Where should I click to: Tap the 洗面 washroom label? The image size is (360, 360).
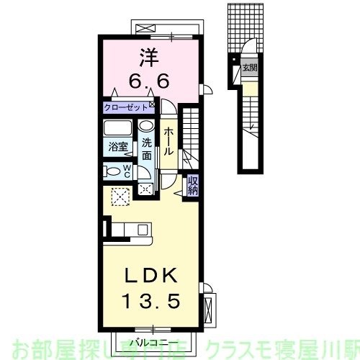coord(146,148)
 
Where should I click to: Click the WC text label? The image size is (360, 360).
coord(127,171)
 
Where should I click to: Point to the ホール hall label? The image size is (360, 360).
coord(168,142)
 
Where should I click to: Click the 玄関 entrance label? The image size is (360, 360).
coord(248,69)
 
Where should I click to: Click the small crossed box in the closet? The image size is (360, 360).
coord(151,105)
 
